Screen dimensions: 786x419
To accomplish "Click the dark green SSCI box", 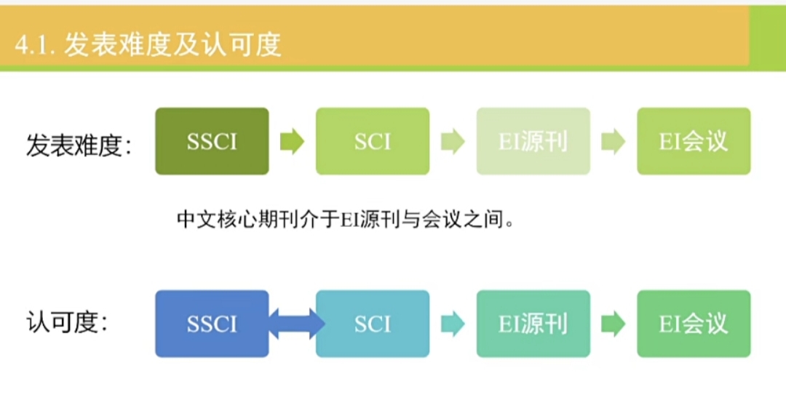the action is tap(212, 141).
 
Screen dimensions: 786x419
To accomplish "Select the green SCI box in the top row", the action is tap(373, 141).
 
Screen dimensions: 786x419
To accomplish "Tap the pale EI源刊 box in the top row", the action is tap(533, 141).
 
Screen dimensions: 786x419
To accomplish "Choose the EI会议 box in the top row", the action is tap(694, 141).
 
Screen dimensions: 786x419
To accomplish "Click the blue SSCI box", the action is tap(212, 324).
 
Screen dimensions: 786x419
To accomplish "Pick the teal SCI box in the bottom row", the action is tap(373, 324).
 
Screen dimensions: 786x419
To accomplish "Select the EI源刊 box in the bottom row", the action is tap(533, 324).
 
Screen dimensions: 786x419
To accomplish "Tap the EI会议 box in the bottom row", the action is tap(694, 324).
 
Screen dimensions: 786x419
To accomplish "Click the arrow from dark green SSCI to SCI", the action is tap(293, 141).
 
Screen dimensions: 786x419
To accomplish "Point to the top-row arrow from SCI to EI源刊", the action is tap(453, 141).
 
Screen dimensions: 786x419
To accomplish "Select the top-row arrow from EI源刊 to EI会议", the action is tap(614, 141).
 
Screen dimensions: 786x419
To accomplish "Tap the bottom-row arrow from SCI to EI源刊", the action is tap(453, 324).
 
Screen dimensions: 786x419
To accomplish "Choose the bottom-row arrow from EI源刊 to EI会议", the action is tap(614, 324).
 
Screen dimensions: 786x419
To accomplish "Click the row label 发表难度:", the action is tap(79, 145).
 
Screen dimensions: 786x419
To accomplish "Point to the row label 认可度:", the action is tap(67, 322).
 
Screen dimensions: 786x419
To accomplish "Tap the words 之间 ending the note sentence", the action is tap(483, 219).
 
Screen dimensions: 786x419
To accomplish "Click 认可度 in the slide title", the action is tap(241, 44).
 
